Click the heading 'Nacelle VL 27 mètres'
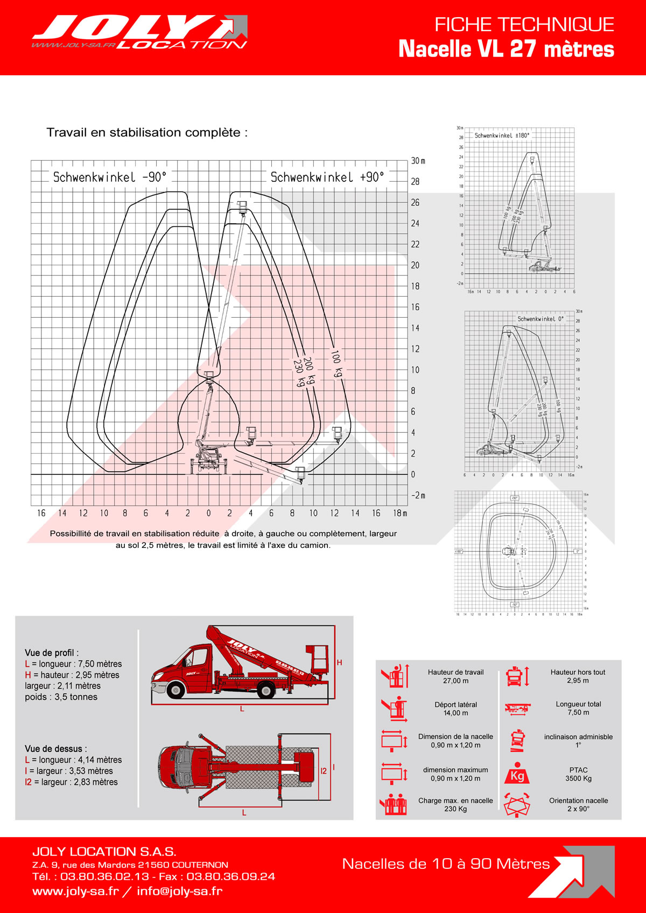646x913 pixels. (506, 49)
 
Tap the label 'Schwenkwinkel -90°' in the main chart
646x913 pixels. (110, 177)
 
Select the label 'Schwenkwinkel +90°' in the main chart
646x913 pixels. (327, 177)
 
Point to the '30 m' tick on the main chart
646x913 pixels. (418, 161)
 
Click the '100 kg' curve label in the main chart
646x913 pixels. (337, 363)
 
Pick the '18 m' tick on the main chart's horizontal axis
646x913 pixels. (400, 513)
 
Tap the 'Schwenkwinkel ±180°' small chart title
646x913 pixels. (502, 135)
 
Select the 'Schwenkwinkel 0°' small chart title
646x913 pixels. (540, 319)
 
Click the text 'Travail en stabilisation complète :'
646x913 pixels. (147, 132)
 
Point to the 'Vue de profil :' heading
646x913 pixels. (52, 653)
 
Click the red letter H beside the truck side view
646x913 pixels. (339, 662)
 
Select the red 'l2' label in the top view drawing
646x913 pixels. (324, 771)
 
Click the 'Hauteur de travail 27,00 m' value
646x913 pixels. (455, 676)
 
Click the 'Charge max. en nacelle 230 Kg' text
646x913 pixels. (455, 804)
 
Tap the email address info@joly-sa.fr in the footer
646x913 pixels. (179, 891)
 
